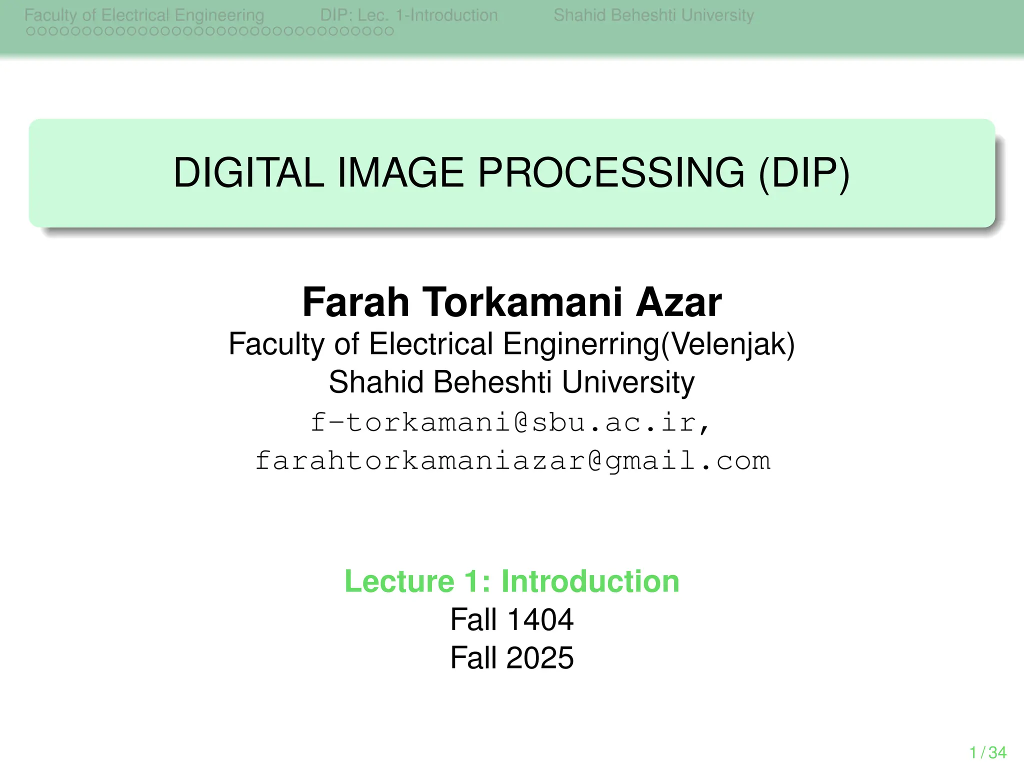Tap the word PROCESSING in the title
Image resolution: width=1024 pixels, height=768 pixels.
point(611,173)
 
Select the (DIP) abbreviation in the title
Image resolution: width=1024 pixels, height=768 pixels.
point(804,173)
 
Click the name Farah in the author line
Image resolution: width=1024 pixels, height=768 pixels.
point(355,302)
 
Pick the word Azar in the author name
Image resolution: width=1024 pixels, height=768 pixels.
point(678,302)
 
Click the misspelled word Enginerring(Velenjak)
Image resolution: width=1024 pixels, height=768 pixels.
point(648,344)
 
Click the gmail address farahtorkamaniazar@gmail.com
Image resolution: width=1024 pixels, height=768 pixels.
point(512,460)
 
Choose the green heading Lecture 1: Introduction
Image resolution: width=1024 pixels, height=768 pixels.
point(512,581)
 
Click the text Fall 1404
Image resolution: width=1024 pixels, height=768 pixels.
point(512,619)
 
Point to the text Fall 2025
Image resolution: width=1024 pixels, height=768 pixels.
point(512,657)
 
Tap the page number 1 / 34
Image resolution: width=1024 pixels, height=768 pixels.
point(987,752)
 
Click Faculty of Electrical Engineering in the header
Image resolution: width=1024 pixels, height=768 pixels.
point(144,15)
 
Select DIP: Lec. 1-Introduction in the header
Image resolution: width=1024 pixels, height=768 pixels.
point(409,15)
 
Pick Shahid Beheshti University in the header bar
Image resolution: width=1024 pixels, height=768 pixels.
point(653,15)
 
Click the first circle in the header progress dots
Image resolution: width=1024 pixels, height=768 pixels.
point(30,31)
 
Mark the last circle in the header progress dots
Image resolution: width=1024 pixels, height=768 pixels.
point(389,31)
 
